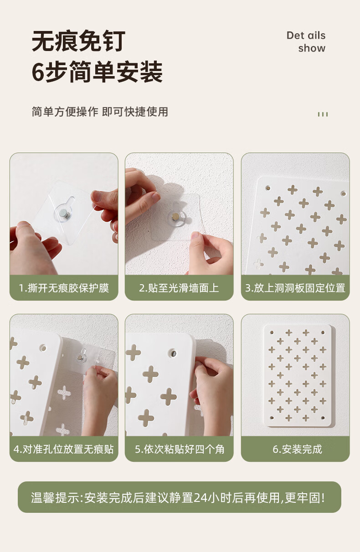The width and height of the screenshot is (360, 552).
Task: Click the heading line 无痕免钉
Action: point(79,41)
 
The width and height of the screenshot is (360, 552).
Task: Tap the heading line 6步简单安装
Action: point(97,72)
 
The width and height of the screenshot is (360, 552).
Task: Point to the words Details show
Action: point(306,42)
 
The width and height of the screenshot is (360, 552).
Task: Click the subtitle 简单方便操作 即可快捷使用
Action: point(100,112)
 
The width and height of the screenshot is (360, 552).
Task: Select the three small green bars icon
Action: point(323,114)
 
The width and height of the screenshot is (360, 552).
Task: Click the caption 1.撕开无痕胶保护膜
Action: point(64,287)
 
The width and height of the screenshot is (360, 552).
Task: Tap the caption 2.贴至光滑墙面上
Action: point(179,287)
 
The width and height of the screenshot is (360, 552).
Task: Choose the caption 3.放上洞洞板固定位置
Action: point(295,287)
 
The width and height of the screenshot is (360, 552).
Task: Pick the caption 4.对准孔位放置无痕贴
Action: point(64,449)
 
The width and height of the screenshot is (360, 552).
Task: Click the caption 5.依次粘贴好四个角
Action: point(180,449)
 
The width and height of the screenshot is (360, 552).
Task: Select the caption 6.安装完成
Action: point(298,449)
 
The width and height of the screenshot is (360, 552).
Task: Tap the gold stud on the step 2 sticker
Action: point(175,217)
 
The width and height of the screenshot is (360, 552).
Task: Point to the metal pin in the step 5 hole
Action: point(173,353)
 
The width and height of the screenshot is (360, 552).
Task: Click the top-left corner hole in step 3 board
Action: point(268,188)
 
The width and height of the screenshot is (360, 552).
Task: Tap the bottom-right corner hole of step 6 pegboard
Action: point(323,418)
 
